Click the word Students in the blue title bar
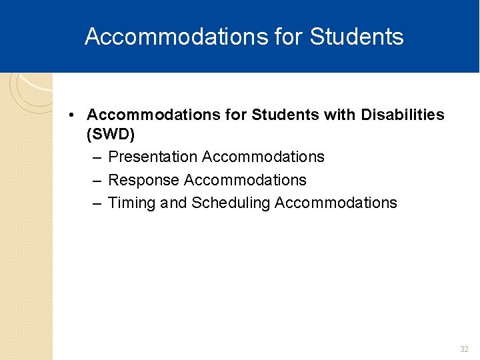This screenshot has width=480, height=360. tap(357, 37)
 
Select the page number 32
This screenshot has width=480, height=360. tap(464, 349)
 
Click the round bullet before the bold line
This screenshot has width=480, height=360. tap(71, 115)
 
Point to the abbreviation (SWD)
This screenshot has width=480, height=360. tap(111, 135)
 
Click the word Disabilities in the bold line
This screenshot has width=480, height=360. tap(402, 115)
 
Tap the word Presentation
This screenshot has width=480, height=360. tap(153, 157)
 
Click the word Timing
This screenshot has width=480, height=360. tap(132, 203)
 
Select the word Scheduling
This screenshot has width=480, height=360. tap(230, 203)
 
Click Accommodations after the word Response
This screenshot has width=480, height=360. tap(245, 180)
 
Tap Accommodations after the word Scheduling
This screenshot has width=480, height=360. tap(335, 203)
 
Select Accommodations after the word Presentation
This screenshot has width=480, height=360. tap(263, 157)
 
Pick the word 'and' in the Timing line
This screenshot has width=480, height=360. tap(173, 203)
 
